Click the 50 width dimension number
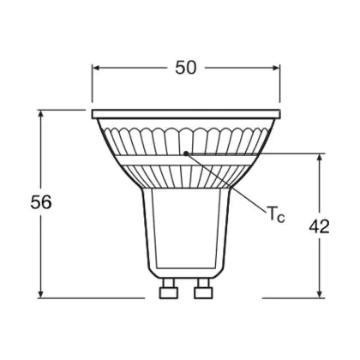pyautogui.click(x=186, y=68)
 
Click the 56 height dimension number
pyautogui.click(x=41, y=202)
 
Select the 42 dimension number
pyautogui.click(x=320, y=226)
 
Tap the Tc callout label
pyautogui.click(x=276, y=213)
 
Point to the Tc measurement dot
pyautogui.click(x=186, y=153)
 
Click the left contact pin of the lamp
pyautogui.click(x=169, y=289)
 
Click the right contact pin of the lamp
pyautogui.click(x=203, y=289)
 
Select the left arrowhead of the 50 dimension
pyautogui.click(x=96, y=68)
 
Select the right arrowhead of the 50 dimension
pyautogui.click(x=276, y=68)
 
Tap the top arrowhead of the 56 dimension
pyautogui.click(x=41, y=113)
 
